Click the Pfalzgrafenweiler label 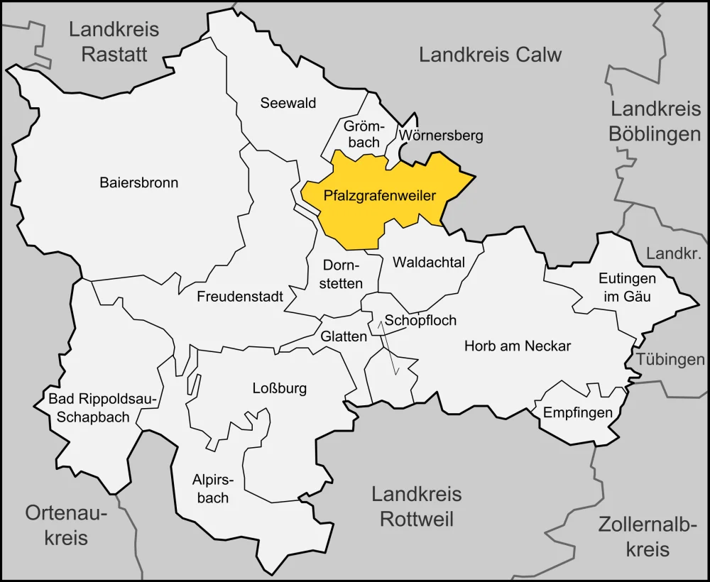pyautogui.click(x=379, y=196)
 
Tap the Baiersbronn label pyautogui.click(x=138, y=182)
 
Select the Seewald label pyautogui.click(x=288, y=103)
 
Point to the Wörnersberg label pyautogui.click(x=441, y=135)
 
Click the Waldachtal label pyautogui.click(x=428, y=263)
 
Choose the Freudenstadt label pyautogui.click(x=240, y=296)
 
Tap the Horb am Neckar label pyautogui.click(x=517, y=346)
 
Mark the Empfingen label pyautogui.click(x=577, y=412)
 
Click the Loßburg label pyautogui.click(x=280, y=388)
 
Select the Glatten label pyautogui.click(x=344, y=336)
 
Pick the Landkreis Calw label pyautogui.click(x=490, y=55)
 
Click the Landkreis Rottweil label pyautogui.click(x=416, y=507)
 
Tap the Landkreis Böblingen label pyautogui.click(x=655, y=121)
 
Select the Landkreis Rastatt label pyautogui.click(x=114, y=42)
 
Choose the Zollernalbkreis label pyautogui.click(x=644, y=537)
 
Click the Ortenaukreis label pyautogui.click(x=66, y=525)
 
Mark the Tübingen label pyautogui.click(x=670, y=360)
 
